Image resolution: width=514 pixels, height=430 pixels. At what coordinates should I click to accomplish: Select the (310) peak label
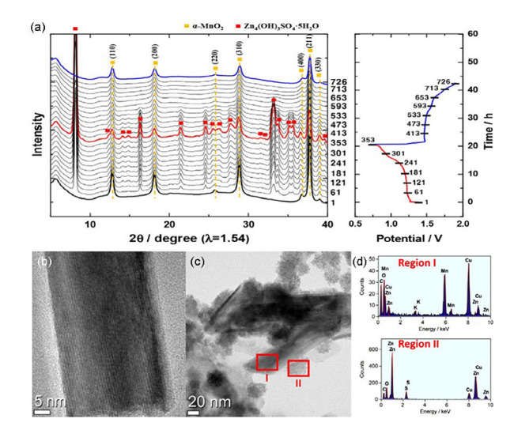point(239,51)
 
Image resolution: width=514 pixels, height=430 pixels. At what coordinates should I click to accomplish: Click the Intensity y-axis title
point(37,125)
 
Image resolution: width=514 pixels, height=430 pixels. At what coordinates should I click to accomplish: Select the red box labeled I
point(267,362)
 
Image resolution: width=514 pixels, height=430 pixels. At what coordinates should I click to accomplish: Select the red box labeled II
point(298,368)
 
